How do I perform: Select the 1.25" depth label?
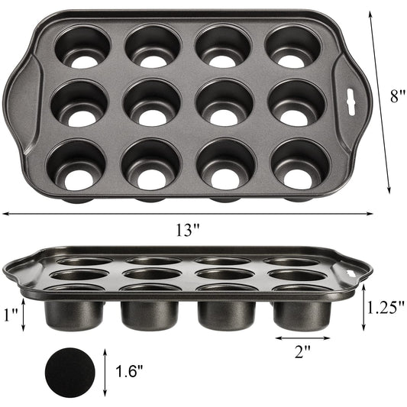[x=384, y=307]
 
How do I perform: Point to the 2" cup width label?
[x=302, y=352]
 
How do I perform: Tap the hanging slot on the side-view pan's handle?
[x=354, y=270]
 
